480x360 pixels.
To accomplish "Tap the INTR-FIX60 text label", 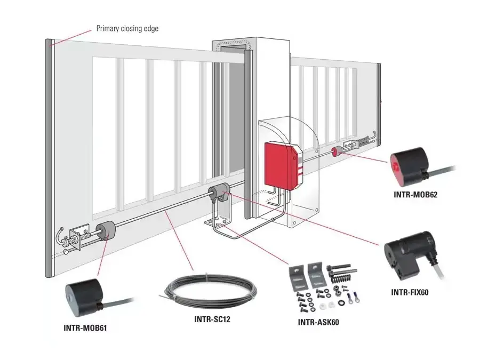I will click(410, 292).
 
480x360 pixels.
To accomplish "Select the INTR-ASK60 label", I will click(318, 322).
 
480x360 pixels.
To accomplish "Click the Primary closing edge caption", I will click(127, 28).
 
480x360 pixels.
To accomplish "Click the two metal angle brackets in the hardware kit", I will click(307, 275).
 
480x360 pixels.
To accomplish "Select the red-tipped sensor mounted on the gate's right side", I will click(337, 152).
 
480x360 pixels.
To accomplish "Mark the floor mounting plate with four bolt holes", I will click(219, 222).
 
